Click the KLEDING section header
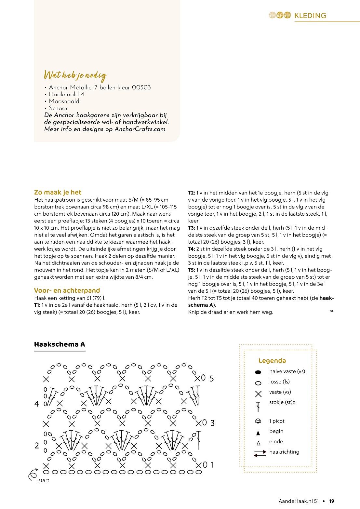pos(310,16)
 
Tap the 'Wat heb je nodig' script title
pos(75,75)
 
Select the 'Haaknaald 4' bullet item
pos(66,94)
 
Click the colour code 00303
pos(141,87)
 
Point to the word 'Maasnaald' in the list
pos(64,101)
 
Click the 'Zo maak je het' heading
pos(58,192)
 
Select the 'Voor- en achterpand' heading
pos(67,290)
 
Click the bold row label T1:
pos(37,305)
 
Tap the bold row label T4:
pos(192,249)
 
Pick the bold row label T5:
pos(192,270)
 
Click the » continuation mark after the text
pos(332,311)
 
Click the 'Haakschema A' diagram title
pos(60,344)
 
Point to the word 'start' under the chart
pos(44,481)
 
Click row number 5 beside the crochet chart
pos(212,379)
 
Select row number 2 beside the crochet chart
pos(37,446)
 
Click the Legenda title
pos(272,361)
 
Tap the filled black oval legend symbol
pos(258,372)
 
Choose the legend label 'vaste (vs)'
pos(280,392)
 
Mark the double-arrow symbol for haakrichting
pos(260,453)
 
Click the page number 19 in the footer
pos(332,501)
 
